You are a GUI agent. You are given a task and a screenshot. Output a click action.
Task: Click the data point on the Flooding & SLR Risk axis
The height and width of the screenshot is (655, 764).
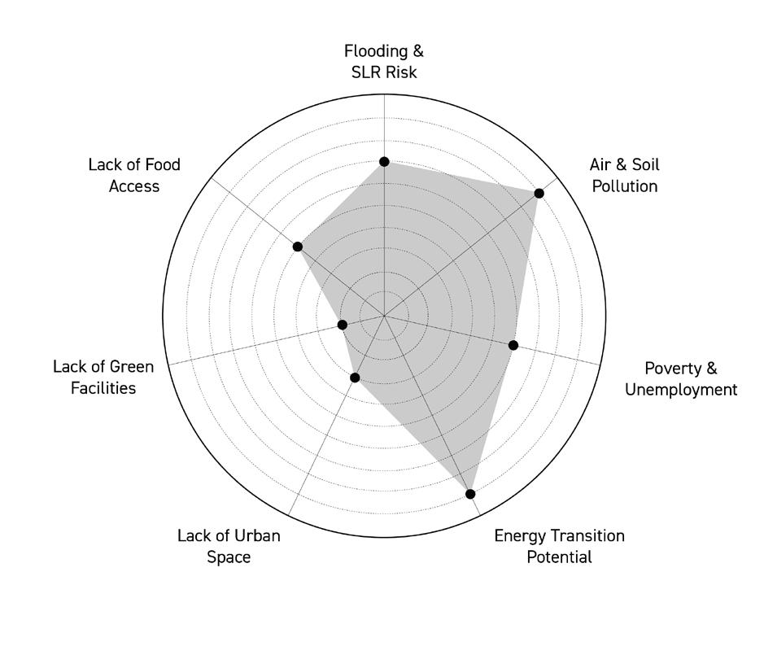pos(384,162)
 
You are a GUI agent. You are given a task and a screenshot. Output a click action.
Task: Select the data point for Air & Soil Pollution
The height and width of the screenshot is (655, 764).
pos(539,193)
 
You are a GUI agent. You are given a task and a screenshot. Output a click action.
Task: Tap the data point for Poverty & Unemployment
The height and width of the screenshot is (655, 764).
pos(513,345)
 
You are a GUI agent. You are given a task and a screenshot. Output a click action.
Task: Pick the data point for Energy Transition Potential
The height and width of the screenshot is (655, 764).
pos(470,494)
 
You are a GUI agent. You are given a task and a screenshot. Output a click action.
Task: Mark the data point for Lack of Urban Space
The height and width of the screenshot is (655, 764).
pos(355,378)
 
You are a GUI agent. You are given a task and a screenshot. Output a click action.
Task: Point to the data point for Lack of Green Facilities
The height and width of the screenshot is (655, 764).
pos(343,325)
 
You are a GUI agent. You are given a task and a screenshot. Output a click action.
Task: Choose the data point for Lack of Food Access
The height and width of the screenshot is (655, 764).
pos(298,247)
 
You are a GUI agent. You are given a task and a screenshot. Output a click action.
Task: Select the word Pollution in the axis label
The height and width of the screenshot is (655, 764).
pos(624,186)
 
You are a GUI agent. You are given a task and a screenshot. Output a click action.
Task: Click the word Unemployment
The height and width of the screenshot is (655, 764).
pos(681,390)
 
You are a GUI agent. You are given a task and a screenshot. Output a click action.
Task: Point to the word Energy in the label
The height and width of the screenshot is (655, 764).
pos(520,535)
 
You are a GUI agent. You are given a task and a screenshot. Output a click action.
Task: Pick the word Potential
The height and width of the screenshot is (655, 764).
pos(559,557)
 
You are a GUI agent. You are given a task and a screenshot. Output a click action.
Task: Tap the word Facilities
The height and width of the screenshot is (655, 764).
pos(103,388)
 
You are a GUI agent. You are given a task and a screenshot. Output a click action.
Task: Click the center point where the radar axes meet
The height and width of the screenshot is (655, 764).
pos(384,316)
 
